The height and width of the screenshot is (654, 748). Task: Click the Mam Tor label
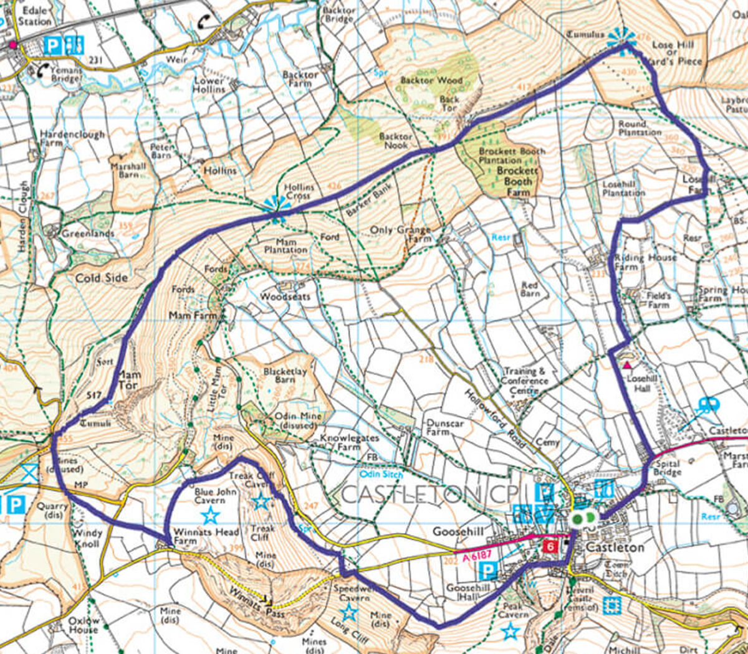[130, 380]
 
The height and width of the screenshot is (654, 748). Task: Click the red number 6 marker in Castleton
[549, 546]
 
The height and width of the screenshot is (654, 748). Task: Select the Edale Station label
[34, 16]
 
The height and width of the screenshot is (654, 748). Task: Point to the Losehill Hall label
[642, 383]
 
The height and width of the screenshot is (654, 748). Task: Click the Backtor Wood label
[431, 80]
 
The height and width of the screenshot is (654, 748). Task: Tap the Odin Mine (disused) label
[298, 420]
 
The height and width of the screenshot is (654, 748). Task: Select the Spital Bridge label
[668, 468]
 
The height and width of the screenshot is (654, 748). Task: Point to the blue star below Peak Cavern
[511, 632]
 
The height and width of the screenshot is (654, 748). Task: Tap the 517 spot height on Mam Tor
[93, 395]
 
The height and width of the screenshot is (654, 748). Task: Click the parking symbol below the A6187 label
[491, 571]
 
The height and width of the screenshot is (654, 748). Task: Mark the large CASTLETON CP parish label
[430, 494]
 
